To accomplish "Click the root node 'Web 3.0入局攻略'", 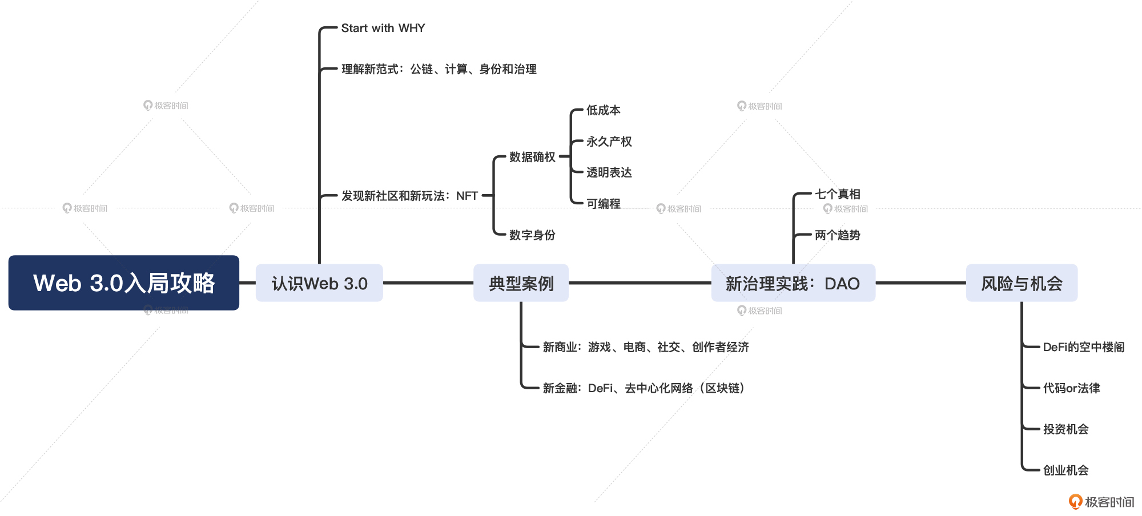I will coord(123,283).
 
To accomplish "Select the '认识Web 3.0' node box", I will coord(319,283).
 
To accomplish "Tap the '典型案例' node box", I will coord(521,283).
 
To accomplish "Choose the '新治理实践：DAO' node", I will coord(793,283).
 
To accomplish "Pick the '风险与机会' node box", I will coord(1022,283).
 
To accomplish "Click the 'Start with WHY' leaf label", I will coord(383,28).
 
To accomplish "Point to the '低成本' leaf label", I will coord(603,110).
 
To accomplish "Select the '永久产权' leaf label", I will coord(609,142).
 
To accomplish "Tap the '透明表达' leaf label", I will coord(609,172).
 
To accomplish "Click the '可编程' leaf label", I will coord(603,204).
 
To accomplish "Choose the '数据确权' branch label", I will coord(532,157).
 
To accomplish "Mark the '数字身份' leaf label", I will coord(532,235).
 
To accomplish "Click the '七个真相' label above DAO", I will coord(837,194).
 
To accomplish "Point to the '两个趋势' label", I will coord(837,235).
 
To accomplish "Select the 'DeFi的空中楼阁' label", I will coord(1083,347).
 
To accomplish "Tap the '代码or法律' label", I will coord(1071,388).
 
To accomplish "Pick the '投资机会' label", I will coord(1065,429).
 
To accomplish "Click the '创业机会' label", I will coord(1065,470).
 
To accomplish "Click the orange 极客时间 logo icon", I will coord(1075,501).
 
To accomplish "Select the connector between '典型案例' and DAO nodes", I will coord(640,283).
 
